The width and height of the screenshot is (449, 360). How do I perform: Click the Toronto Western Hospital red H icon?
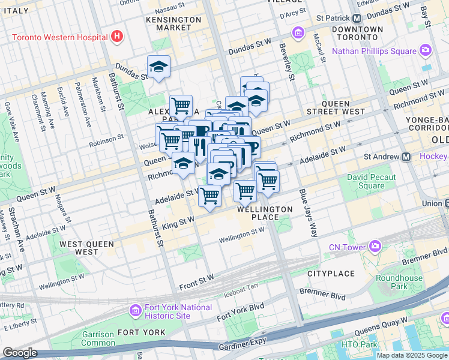point(117,37)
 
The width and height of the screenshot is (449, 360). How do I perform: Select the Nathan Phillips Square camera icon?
point(425,50)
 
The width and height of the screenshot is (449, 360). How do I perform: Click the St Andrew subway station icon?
point(406,157)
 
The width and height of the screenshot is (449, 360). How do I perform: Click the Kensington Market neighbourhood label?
point(173,24)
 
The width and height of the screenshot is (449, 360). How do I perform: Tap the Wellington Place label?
point(265,213)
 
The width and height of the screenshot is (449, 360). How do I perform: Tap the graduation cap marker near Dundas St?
point(158,67)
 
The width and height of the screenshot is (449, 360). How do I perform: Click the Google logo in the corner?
point(20,353)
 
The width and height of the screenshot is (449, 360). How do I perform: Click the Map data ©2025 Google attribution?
point(412,355)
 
